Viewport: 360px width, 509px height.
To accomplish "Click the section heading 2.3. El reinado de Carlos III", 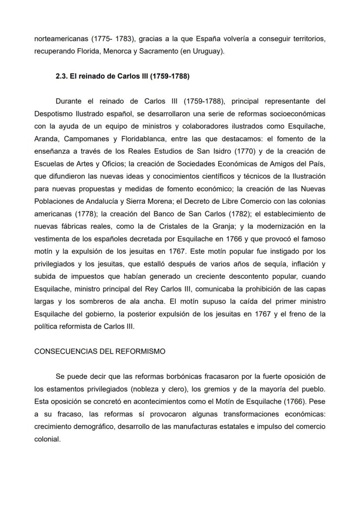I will point(122,76).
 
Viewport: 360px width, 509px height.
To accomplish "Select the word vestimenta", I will point(53,239).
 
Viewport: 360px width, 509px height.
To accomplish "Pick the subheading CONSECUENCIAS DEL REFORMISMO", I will point(100,351).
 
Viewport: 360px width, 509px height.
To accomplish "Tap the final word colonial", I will point(47,439).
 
